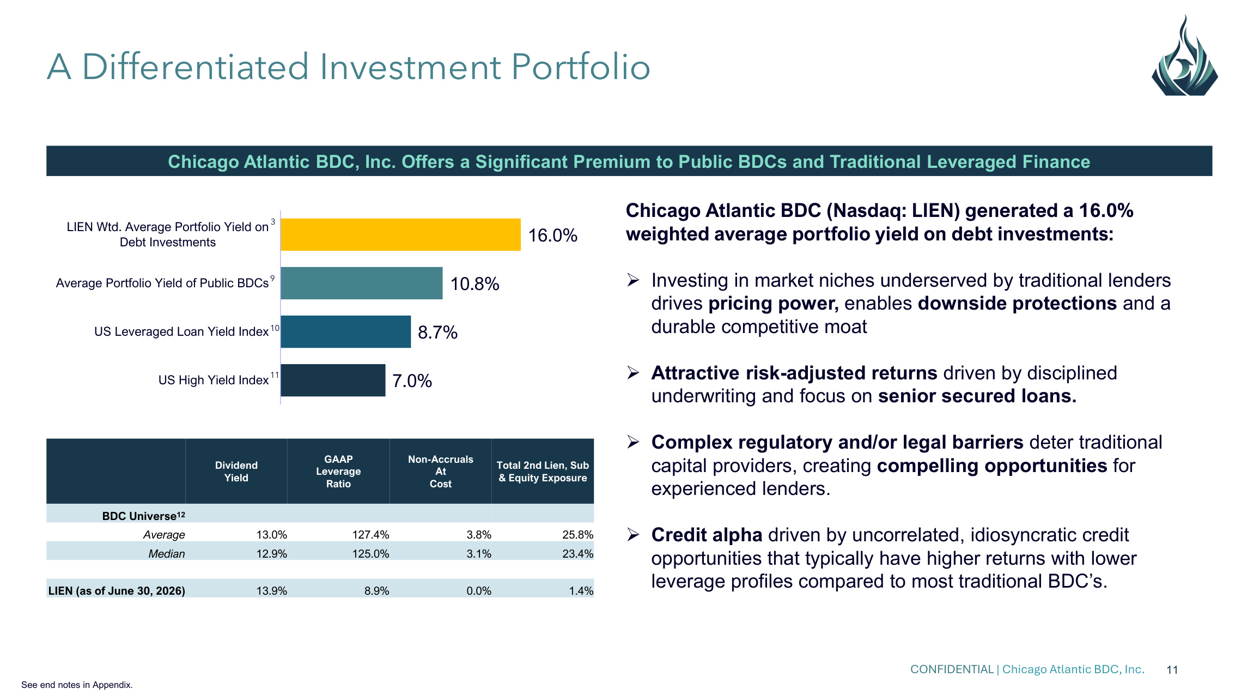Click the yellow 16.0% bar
[400, 234]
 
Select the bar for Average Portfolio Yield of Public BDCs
[362, 283]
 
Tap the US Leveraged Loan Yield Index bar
[346, 331]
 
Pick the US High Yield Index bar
[333, 380]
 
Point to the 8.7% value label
[437, 333]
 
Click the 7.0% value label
[412, 381]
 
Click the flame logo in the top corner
[1184, 56]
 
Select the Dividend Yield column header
[236, 472]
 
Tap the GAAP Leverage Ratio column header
[338, 472]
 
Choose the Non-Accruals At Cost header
[441, 472]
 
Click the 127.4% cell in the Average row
[370, 535]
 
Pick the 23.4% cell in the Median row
[577, 554]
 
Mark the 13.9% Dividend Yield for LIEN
[271, 591]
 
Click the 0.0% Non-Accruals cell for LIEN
[479, 591]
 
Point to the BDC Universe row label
[144, 516]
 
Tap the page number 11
[1172, 670]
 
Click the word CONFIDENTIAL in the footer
[952, 669]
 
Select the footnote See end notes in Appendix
[77, 685]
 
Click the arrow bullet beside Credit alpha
[633, 535]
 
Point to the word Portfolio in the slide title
[581, 67]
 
